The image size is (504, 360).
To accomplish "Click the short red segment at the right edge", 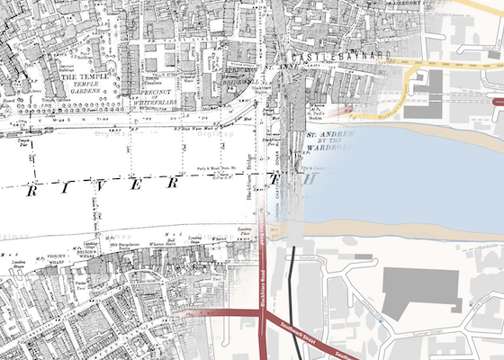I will pos(499,101).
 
